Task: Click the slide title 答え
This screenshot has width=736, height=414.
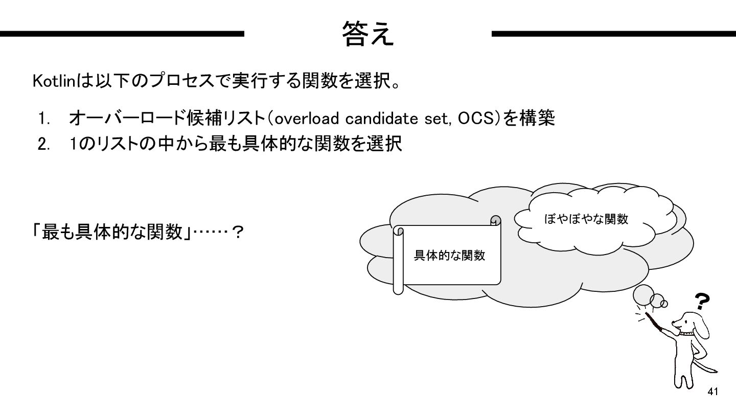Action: [368, 34]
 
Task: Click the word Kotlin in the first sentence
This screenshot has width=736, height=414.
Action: [54, 81]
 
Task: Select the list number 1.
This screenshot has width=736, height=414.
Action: [42, 120]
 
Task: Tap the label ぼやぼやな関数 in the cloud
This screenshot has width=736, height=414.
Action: [586, 219]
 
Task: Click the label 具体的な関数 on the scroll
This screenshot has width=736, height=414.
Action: [449, 256]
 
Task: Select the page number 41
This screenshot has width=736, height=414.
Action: [713, 392]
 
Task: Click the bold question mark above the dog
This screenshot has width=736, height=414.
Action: [703, 302]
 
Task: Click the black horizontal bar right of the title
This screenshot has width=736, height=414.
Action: [613, 34]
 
